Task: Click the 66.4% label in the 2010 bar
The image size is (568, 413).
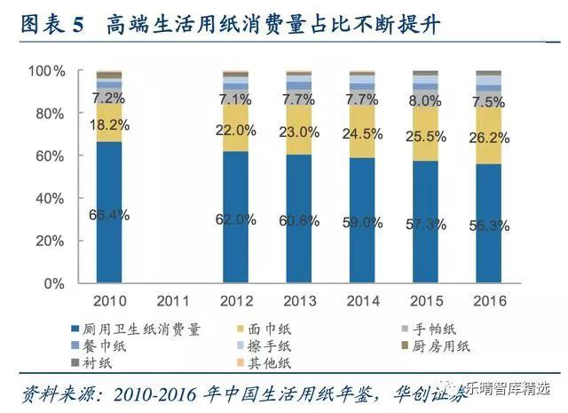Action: pyautogui.click(x=109, y=215)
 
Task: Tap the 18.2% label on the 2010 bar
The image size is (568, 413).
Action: pyautogui.click(x=109, y=125)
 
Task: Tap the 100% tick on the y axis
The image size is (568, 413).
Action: pyautogui.click(x=46, y=70)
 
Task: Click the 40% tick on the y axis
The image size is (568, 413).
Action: pyautogui.click(x=50, y=198)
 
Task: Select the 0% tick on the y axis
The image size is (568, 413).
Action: pyautogui.click(x=53, y=283)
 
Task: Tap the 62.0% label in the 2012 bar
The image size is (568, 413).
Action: pyautogui.click(x=235, y=219)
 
